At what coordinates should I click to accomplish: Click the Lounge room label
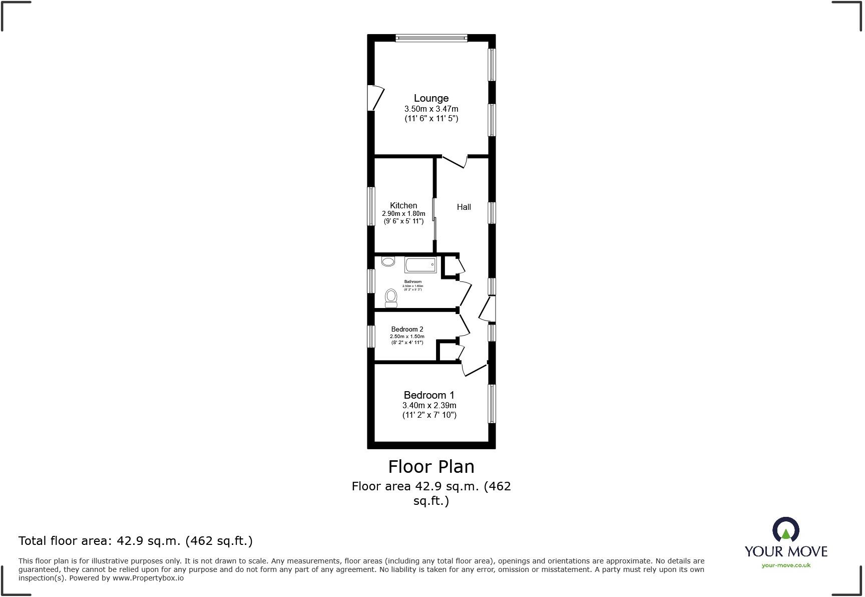[x=431, y=98]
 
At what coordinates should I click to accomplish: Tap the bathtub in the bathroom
[x=420, y=264]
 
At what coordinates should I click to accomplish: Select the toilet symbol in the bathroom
[x=391, y=298]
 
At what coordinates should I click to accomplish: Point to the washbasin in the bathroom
[x=388, y=261]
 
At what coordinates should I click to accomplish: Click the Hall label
[x=464, y=207]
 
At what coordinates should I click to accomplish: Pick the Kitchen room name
[x=403, y=205]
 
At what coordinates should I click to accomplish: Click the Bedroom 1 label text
[x=429, y=395]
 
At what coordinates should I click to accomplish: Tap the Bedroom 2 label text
[x=407, y=329]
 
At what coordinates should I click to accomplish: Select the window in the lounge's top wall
[x=431, y=38]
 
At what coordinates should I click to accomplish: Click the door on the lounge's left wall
[x=376, y=98]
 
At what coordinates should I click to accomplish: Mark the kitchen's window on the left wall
[x=371, y=206]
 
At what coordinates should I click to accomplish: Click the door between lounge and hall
[x=455, y=161]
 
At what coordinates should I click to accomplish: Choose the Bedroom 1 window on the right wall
[x=492, y=404]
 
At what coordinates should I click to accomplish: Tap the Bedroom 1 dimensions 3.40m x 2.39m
[x=429, y=406]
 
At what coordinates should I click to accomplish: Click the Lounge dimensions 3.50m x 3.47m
[x=431, y=109]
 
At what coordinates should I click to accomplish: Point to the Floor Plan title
[x=431, y=467]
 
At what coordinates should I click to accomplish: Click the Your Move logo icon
[x=785, y=530]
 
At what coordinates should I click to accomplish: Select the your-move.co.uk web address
[x=786, y=565]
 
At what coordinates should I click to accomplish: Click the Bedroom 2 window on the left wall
[x=371, y=336]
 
